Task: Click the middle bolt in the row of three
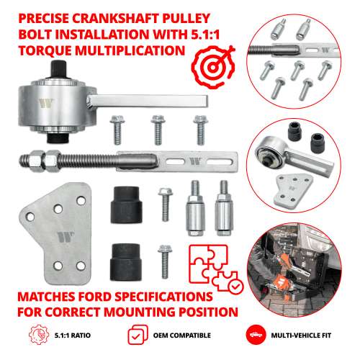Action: coord(156,130)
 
